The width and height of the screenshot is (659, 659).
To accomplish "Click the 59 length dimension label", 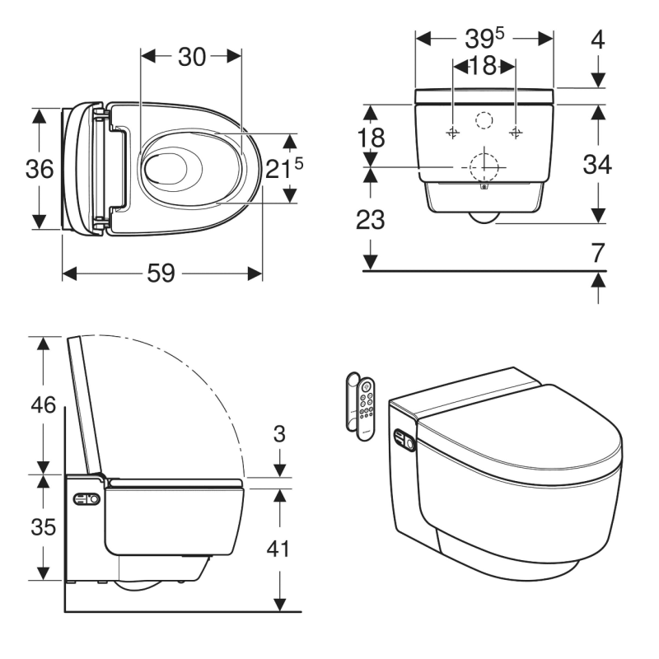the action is [161, 273].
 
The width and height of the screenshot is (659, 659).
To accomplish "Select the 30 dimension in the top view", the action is [192, 57].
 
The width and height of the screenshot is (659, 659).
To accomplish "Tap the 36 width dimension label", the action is [40, 169].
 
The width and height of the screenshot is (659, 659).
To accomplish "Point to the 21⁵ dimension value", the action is [284, 168].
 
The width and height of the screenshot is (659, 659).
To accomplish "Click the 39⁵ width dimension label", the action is [484, 38].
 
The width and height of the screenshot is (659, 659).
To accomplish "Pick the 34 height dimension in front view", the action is [597, 164].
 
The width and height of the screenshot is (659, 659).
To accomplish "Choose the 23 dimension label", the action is [370, 219].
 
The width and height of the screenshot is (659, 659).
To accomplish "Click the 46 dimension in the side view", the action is [44, 404].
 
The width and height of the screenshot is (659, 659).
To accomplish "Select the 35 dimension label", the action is [44, 526].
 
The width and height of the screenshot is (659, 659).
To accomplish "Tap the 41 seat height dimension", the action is [278, 549].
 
